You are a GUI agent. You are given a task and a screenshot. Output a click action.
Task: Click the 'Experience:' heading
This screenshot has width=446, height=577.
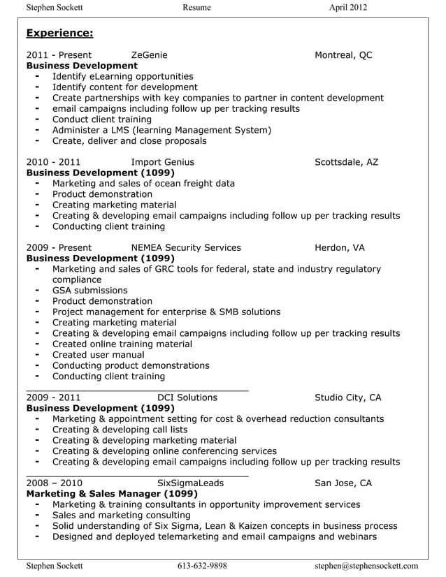tap(59, 34)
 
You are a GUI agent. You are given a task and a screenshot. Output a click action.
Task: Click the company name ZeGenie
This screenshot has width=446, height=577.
tap(149, 55)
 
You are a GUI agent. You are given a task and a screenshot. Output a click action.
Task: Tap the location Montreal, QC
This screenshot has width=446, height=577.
tap(343, 55)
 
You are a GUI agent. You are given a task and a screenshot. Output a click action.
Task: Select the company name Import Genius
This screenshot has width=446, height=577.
tap(162, 162)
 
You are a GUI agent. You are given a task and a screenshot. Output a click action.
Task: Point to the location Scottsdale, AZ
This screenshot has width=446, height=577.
tap(346, 162)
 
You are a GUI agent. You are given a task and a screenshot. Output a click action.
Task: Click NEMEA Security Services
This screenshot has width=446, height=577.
tap(186, 247)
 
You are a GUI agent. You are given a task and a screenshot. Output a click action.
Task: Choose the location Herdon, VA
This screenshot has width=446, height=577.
tap(339, 247)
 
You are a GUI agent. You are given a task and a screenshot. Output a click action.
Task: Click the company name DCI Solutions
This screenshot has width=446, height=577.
tap(187, 397)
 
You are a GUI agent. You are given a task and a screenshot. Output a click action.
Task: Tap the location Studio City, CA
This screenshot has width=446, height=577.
tap(347, 397)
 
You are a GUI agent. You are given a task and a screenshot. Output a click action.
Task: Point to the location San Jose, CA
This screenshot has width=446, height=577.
tap(343, 483)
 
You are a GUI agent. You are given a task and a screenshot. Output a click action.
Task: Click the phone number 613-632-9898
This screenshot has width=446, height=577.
tap(202, 566)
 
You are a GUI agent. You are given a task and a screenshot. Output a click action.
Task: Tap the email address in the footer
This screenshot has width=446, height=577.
tap(366, 566)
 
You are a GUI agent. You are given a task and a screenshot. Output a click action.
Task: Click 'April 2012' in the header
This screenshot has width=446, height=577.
tap(347, 8)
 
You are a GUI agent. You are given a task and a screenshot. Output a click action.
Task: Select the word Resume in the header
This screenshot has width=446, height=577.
tap(196, 8)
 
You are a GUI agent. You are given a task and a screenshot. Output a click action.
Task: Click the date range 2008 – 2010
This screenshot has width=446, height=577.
tap(54, 483)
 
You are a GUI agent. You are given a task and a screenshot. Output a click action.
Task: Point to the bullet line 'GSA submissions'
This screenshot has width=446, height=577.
tap(89, 290)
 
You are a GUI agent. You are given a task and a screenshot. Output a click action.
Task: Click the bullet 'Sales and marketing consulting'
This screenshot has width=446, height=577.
tap(116, 515)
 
